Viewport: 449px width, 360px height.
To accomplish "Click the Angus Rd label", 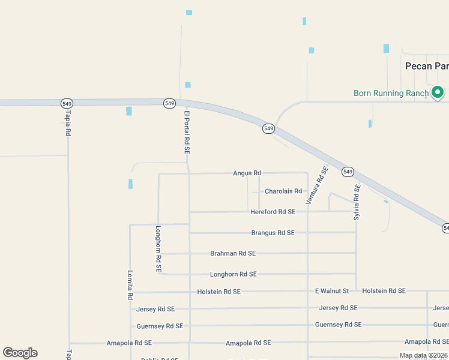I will tap(247, 173).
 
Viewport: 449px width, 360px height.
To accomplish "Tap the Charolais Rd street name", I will tap(283, 191).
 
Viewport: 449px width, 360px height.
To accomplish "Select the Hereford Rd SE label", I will tap(273, 212).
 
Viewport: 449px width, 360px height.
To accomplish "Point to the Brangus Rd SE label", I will tap(273, 233).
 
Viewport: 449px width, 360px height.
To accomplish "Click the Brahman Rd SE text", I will tap(233, 254).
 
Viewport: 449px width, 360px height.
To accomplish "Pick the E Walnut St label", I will tap(332, 291).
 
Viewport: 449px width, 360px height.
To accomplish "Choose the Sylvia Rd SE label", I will tap(357, 202).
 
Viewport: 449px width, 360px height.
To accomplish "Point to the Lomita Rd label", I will tap(130, 284).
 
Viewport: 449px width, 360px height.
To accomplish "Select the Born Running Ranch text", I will tap(391, 93).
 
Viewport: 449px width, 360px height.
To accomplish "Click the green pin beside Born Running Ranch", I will tap(438, 92).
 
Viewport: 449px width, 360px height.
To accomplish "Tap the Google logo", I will tap(20, 353).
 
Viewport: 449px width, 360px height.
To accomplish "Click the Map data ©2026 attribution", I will tap(423, 355).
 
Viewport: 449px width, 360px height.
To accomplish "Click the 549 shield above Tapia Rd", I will tap(67, 103).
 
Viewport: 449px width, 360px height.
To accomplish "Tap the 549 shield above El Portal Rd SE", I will tap(169, 103).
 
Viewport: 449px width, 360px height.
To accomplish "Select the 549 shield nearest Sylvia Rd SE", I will tap(348, 172).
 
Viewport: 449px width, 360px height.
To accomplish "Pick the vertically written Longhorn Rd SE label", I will tap(158, 249).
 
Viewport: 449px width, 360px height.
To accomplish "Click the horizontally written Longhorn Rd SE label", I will tap(233, 274).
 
